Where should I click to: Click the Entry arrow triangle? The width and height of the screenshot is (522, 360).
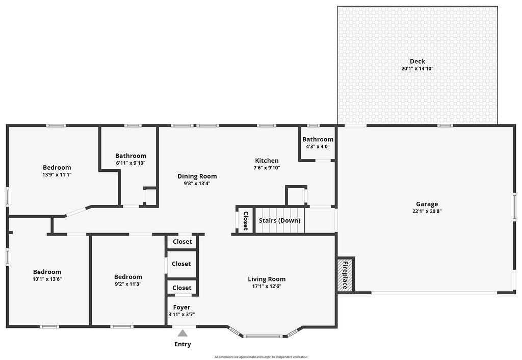coord(182,333)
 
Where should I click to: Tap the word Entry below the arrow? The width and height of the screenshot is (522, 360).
coord(182,344)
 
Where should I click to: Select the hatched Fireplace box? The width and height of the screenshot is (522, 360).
coord(345,275)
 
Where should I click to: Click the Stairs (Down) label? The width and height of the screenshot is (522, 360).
coord(279,221)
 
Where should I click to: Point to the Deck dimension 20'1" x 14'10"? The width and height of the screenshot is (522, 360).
coord(417,68)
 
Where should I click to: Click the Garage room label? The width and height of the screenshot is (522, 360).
coord(427,204)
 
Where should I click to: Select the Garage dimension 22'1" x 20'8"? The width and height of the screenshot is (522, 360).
coord(427,211)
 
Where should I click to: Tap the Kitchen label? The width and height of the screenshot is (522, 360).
coord(267,161)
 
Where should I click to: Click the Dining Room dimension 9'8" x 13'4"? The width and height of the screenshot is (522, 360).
coord(197,184)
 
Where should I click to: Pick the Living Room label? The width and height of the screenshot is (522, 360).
coord(267,279)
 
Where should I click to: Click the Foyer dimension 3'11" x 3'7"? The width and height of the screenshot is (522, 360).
coord(181,315)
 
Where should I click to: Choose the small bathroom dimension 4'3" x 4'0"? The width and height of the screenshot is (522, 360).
coord(318,146)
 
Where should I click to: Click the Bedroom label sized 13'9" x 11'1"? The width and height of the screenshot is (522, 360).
coord(57,167)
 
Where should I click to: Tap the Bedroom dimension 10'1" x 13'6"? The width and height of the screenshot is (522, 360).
coord(47,279)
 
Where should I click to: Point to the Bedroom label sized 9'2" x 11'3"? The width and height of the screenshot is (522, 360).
coord(128,277)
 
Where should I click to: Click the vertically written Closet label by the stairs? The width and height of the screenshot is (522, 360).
coord(245,221)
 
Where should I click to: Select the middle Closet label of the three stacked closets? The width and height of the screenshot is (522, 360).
coord(181,264)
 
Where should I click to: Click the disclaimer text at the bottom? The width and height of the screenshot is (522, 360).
coord(260,357)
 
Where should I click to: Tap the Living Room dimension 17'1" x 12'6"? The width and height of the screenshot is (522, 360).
coord(267,286)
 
